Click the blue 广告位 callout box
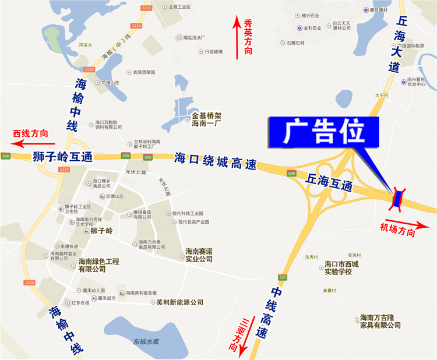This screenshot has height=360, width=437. [x=323, y=132]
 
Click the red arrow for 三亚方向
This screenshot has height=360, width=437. [x=244, y=338]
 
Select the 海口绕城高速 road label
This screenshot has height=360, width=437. [x=215, y=161]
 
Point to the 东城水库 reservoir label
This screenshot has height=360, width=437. [x=146, y=341]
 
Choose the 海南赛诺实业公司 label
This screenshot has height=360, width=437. [x=199, y=255]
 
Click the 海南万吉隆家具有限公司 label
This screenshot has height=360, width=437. [x=377, y=321]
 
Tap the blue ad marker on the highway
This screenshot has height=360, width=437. [x=399, y=199]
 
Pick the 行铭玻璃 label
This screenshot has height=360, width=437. [x=213, y=51]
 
